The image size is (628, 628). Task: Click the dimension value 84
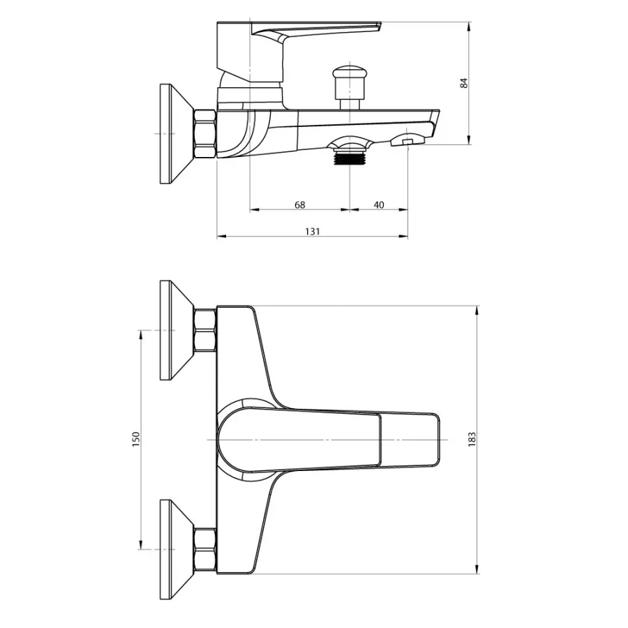464,83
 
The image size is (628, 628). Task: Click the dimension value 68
299,204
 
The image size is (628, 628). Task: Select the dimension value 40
378,204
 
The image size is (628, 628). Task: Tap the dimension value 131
313,232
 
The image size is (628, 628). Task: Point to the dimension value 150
136,440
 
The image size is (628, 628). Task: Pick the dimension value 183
472,440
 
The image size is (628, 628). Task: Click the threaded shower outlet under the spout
350,156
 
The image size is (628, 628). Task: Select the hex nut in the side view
204,134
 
